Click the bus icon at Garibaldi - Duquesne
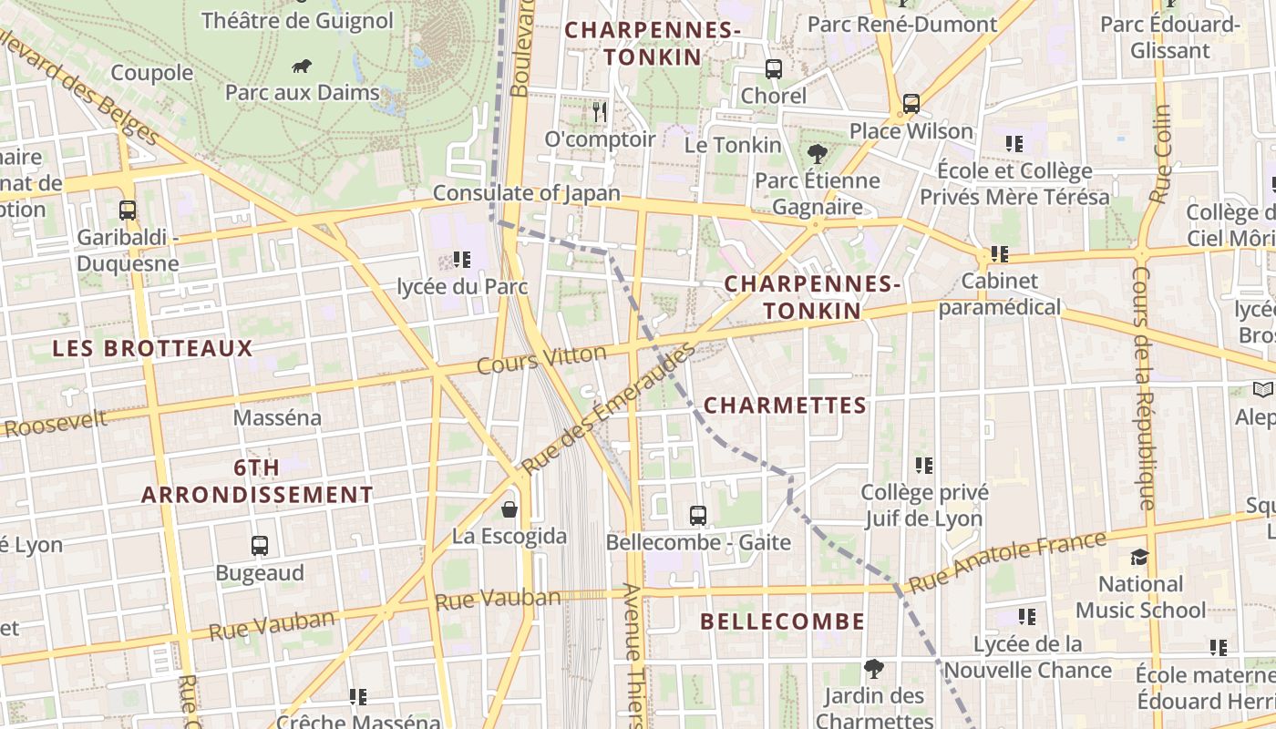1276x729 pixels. (128, 210)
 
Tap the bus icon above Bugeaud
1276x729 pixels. (260, 546)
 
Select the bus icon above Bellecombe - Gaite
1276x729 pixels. (698, 516)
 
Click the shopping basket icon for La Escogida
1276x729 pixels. (509, 508)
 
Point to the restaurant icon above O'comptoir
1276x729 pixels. (599, 112)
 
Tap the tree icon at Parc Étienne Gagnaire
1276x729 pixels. (817, 154)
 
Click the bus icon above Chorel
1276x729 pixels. (774, 68)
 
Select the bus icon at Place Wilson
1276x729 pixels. (911, 104)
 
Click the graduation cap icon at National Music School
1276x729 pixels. (1139, 557)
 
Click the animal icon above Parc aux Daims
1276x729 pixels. (302, 66)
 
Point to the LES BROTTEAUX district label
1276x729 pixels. (152, 348)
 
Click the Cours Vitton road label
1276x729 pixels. (542, 359)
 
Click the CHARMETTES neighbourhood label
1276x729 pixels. (785, 406)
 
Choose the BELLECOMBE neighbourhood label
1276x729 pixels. (782, 621)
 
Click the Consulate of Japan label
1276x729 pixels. (526, 193)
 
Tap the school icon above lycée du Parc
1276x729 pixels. (462, 260)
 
